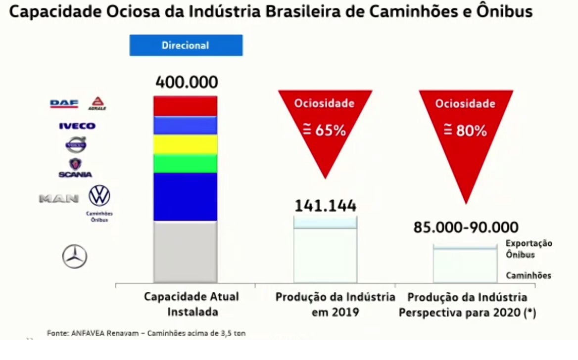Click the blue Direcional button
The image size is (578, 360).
[186, 45]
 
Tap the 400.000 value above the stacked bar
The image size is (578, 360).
[187, 82]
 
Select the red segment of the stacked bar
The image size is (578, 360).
[185, 106]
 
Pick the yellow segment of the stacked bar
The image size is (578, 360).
[185, 144]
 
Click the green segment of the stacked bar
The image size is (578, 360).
[185, 164]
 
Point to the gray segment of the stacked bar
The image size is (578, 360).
[185, 252]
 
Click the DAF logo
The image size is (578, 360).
[64, 104]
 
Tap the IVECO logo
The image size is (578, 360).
[77, 126]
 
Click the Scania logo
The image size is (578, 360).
[75, 168]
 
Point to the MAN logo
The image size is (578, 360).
[58, 199]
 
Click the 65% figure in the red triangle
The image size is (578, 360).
[325, 131]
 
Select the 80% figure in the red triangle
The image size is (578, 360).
[466, 131]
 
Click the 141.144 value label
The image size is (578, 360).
[325, 206]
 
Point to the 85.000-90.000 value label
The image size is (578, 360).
[466, 227]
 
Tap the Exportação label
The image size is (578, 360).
[529, 244]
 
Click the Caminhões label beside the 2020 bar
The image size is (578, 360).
[529, 276]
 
